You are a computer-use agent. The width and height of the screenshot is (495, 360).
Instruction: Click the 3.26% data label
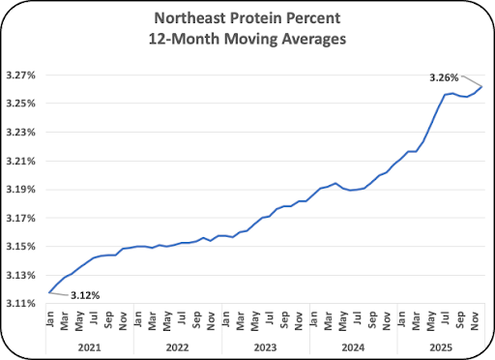click(444, 77)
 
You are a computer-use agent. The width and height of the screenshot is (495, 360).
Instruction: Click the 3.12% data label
click(85, 295)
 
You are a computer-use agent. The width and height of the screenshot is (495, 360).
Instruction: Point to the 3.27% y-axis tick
click(21, 75)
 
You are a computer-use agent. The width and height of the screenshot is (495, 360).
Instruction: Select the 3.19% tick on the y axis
click(21, 190)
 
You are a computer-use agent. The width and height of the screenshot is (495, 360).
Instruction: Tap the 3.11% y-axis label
click(21, 304)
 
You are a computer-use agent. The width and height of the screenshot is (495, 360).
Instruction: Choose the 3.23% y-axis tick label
click(21, 133)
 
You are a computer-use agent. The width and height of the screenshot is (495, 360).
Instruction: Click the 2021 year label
click(90, 347)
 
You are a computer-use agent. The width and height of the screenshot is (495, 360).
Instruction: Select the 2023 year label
click(265, 347)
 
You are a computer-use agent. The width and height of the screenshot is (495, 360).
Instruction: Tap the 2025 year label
click(441, 347)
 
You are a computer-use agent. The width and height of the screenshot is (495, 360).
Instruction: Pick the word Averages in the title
click(314, 39)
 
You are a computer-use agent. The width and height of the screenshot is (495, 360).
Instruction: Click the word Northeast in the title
click(189, 18)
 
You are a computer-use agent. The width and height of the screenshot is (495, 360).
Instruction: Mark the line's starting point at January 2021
click(49, 292)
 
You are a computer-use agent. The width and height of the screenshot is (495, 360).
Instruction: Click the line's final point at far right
click(481, 86)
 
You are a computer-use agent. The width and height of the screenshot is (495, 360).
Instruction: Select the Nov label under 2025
click(475, 320)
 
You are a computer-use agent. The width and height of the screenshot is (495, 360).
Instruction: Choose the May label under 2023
click(254, 321)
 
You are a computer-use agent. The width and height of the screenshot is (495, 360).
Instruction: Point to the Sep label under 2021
click(108, 319)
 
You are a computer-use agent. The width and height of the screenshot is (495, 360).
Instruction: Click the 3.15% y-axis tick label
click(21, 247)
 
